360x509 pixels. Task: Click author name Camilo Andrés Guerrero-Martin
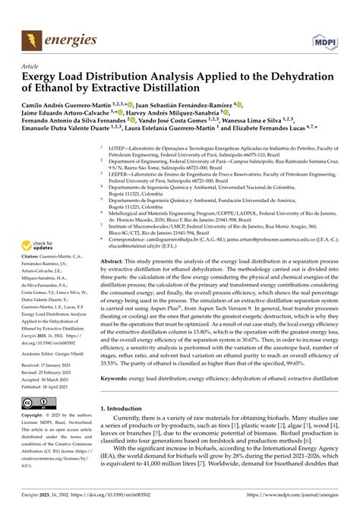(x=71, y=104)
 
